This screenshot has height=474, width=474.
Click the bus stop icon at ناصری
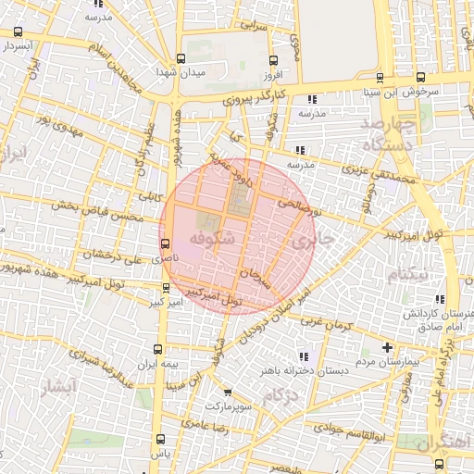(x=165, y=244)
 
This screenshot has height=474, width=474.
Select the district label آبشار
(x=58, y=386)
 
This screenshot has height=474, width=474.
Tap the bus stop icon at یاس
(x=161, y=440)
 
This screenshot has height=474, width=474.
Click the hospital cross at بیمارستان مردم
(x=388, y=347)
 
